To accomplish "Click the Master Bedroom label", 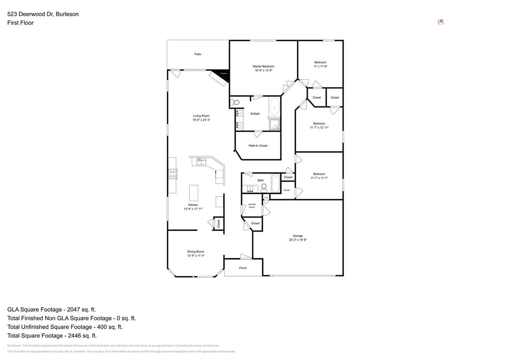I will coord(263,66).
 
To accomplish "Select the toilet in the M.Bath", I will coord(236,103).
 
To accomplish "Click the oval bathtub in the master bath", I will coord(274,107).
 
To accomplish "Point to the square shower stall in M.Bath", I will coord(274,124).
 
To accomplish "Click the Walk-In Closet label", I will coord(258,146).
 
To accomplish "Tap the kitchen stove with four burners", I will coord(172,174).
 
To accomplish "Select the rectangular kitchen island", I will coord(193,193).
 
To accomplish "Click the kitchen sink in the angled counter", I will coord(201,160).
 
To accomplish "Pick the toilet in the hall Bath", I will coord(264,188).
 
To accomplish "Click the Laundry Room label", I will coord(252,205).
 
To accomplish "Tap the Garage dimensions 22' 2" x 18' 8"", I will coord(298,240).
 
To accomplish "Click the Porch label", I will coord(243,268).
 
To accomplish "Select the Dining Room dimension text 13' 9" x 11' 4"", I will coord(196,256).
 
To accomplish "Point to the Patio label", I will coord(198,54).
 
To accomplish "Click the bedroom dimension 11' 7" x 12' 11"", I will coord(319,127).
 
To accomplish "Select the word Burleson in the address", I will coord(67,14).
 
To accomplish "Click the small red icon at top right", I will coord(441,22).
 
